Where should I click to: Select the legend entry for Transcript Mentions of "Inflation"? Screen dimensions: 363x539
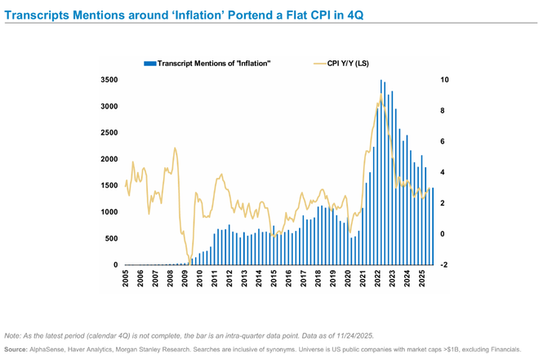point(213,62)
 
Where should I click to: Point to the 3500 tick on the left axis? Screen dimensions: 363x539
point(108,81)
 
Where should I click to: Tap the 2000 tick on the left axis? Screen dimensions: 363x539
point(108,160)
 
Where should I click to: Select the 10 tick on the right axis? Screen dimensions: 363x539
point(444,81)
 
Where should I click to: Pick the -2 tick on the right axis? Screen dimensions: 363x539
point(443,265)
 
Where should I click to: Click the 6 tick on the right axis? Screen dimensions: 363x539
point(442,142)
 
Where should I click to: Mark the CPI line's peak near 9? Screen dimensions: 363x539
point(380,95)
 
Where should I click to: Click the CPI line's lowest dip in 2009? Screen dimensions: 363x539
point(188,260)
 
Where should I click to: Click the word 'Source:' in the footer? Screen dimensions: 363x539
point(17,348)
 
